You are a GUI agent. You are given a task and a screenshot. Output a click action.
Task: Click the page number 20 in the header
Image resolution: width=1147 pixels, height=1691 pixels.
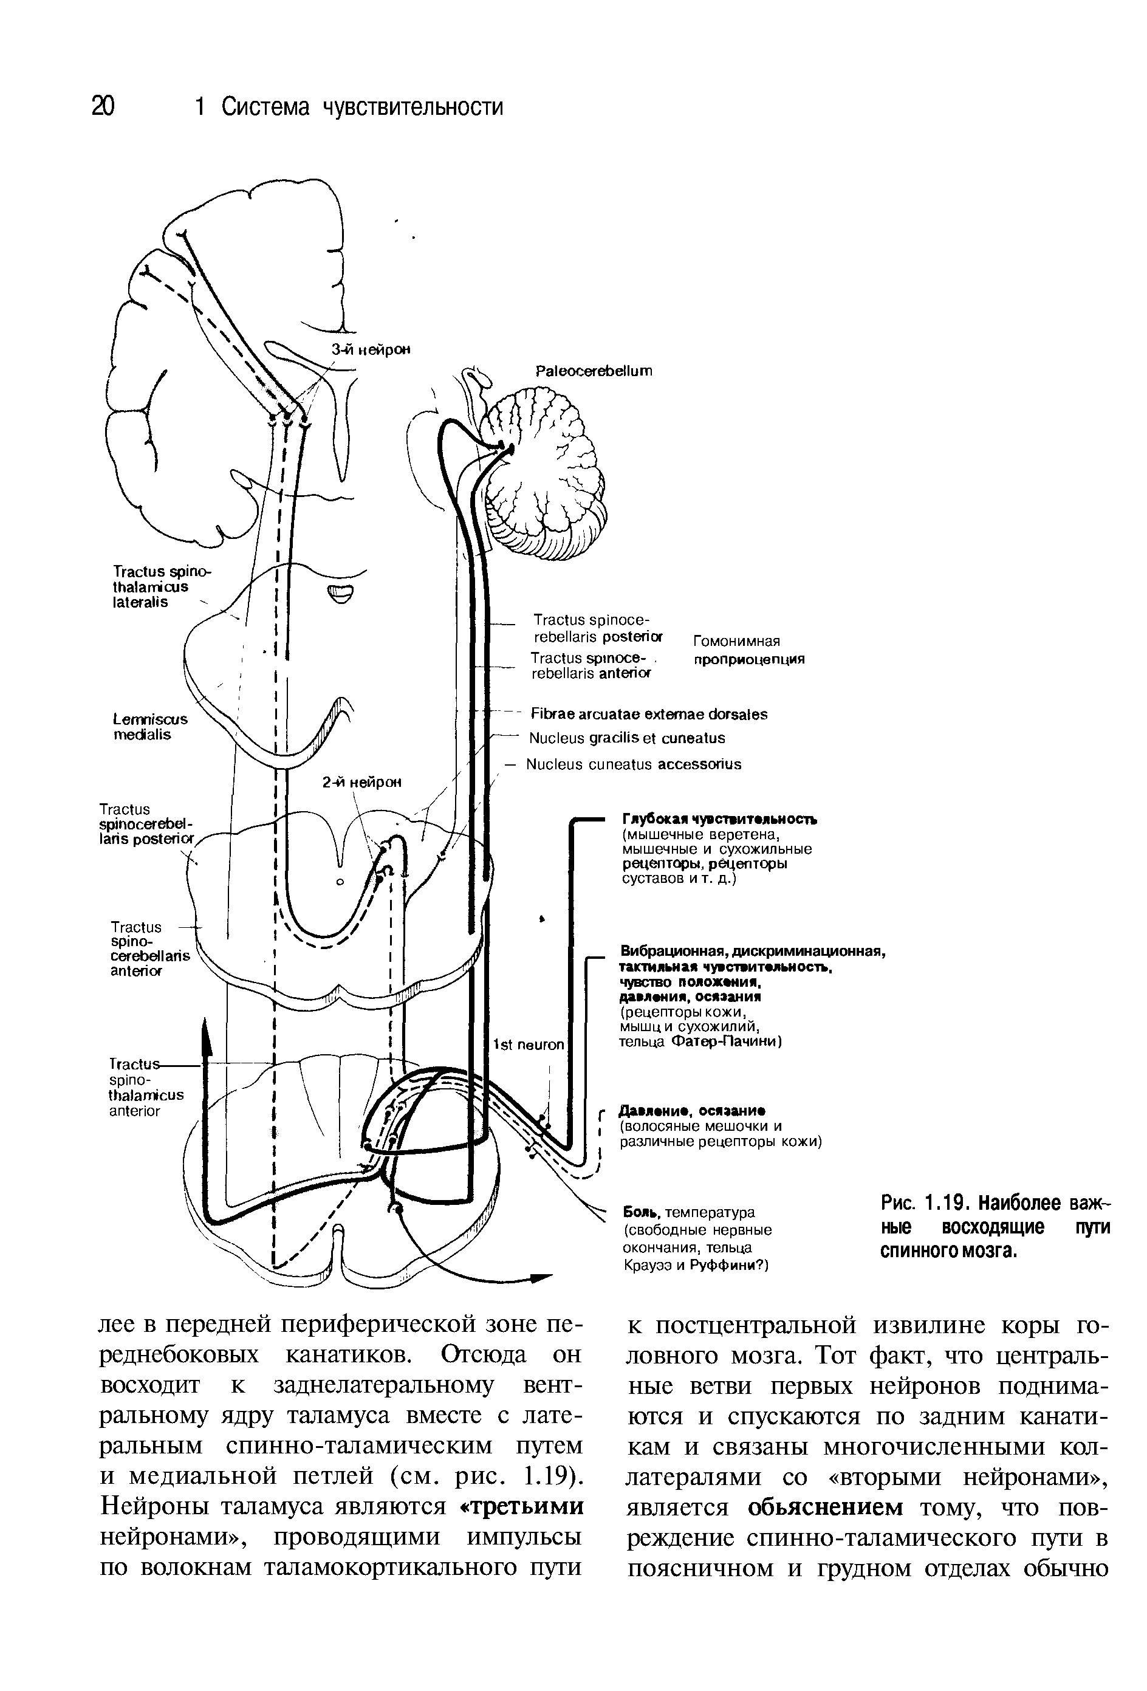point(103,107)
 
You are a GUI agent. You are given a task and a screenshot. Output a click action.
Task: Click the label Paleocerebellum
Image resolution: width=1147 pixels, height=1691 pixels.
point(594,371)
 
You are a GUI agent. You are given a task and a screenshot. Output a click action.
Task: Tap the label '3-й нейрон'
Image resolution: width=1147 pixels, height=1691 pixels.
point(371,349)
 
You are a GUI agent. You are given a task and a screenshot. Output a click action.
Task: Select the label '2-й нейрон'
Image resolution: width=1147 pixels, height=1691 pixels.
point(361,783)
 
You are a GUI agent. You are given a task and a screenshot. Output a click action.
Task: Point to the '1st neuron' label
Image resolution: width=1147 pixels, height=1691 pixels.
point(529,1045)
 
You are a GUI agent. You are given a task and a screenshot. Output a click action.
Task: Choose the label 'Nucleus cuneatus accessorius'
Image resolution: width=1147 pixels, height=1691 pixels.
point(634,764)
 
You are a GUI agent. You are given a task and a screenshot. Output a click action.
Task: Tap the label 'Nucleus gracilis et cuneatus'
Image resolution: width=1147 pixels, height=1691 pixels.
point(627,738)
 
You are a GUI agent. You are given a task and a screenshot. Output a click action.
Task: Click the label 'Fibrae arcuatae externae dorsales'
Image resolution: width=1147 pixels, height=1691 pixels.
point(649,714)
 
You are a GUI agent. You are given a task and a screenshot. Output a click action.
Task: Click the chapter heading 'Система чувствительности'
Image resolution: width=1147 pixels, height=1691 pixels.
point(361,107)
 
